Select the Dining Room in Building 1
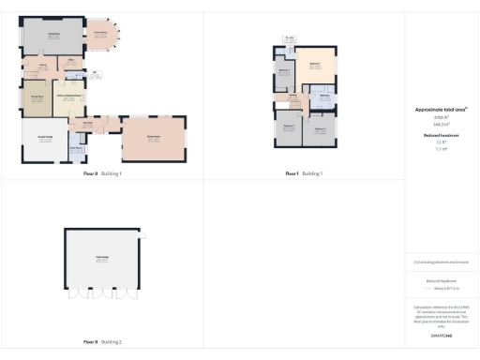click(37, 98)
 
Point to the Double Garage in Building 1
click(44, 139)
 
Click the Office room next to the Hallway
click(72, 66)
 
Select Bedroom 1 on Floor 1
click(316, 64)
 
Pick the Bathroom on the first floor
click(322, 96)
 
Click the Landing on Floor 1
click(292, 97)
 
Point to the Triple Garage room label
click(102, 259)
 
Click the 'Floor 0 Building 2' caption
click(102, 342)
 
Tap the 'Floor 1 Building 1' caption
click(304, 173)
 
